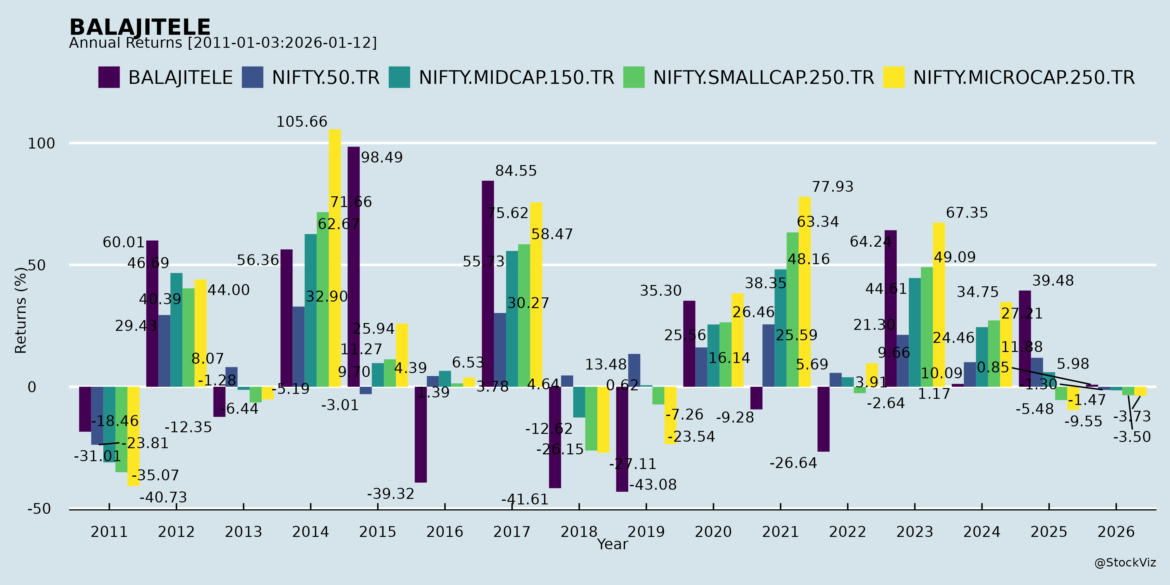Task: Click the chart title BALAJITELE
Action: pyautogui.click(x=140, y=27)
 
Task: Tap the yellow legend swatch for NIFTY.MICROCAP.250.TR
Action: pyautogui.click(x=893, y=77)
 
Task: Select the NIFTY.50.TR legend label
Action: pyautogui.click(x=325, y=78)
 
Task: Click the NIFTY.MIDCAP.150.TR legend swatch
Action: pyautogui.click(x=399, y=77)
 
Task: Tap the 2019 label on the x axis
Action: pyautogui.click(x=646, y=532)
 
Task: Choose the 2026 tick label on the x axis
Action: pyautogui.click(x=1115, y=532)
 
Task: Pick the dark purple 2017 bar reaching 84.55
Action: pyautogui.click(x=488, y=284)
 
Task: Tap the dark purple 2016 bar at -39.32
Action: pyautogui.click(x=421, y=434)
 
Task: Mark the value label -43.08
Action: pyautogui.click(x=653, y=485)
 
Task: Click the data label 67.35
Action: pyautogui.click(x=967, y=213)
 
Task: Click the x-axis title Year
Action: pyautogui.click(x=612, y=544)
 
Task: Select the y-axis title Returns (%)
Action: pyautogui.click(x=21, y=310)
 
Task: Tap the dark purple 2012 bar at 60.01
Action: pyautogui.click(x=152, y=313)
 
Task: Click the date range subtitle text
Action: pyautogui.click(x=223, y=43)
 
